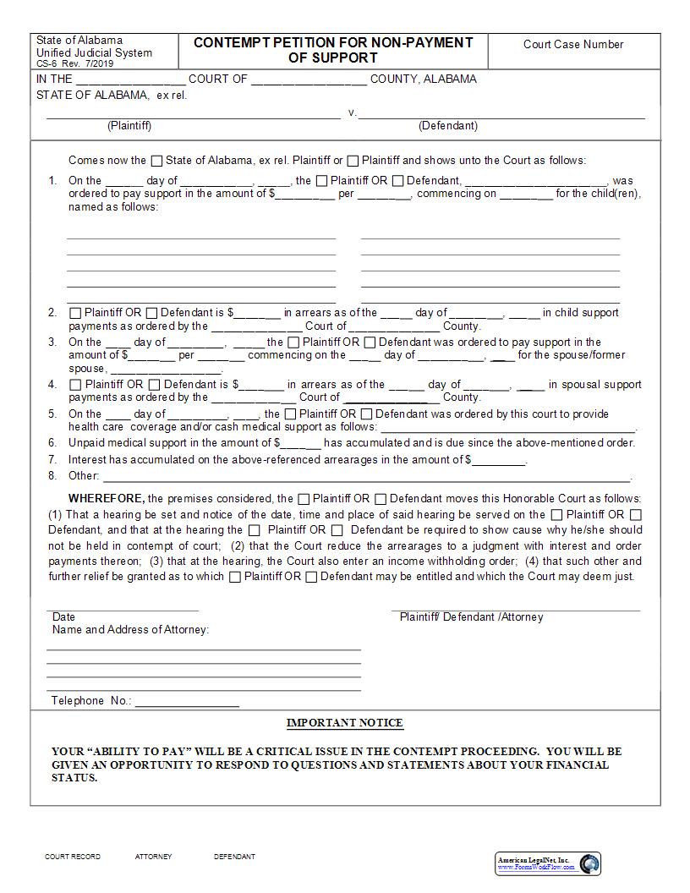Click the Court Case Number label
(x=572, y=45)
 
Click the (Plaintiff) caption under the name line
(x=129, y=126)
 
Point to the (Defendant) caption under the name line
(x=447, y=126)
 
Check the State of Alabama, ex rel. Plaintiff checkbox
(x=156, y=161)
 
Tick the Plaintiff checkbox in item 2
(x=75, y=313)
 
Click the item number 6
(x=52, y=442)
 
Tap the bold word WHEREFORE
(x=106, y=499)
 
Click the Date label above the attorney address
(x=63, y=617)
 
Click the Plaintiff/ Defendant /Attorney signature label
(x=471, y=617)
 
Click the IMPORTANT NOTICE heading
(x=345, y=723)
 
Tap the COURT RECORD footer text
(x=72, y=857)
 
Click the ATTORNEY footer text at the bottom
(x=153, y=857)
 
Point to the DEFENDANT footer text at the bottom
(x=234, y=857)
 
